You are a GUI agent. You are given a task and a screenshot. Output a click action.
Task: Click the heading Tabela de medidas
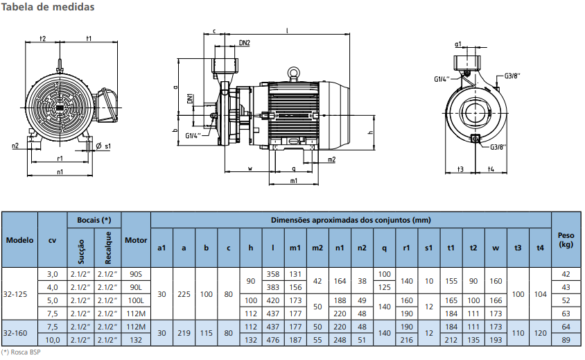(48, 7)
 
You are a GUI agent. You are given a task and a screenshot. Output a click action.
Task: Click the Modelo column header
(19, 240)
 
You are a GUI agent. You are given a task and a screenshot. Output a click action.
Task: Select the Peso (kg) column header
(566, 240)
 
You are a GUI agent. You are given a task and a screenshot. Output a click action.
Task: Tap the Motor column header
(136, 240)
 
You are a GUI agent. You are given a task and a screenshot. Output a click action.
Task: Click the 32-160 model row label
(15, 333)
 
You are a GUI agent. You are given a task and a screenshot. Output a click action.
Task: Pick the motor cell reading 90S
(136, 274)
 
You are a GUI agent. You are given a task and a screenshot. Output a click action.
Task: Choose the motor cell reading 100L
(136, 300)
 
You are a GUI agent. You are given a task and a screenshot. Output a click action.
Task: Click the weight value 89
(566, 339)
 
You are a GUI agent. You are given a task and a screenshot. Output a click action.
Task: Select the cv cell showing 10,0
(52, 339)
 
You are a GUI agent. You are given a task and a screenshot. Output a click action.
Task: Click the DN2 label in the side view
(244, 43)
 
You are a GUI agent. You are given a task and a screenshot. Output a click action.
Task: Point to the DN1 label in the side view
(190, 98)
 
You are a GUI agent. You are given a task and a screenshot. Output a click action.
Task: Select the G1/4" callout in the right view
(442, 79)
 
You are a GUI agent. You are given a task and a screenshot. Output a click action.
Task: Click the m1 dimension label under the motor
(293, 181)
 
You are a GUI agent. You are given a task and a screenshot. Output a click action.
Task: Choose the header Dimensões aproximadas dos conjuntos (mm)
(351, 220)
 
